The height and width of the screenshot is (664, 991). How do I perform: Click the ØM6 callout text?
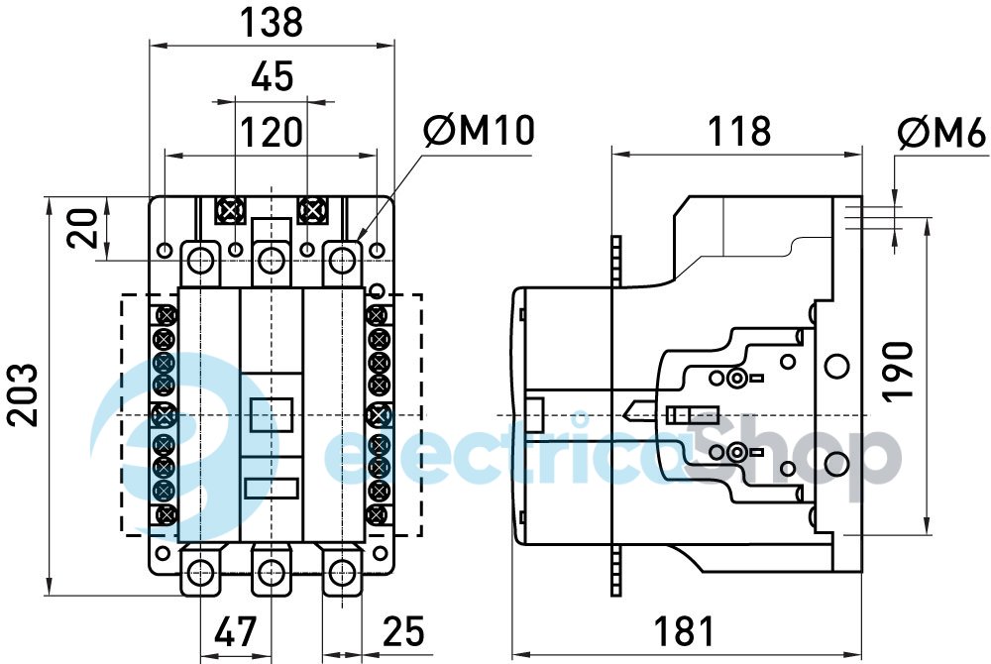[x=941, y=133]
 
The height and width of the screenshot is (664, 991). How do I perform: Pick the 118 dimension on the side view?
[x=737, y=131]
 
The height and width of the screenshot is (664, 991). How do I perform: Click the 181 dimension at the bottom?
[x=684, y=631]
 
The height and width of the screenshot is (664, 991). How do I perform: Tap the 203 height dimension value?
[x=24, y=394]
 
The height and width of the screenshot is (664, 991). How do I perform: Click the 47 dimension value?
[x=235, y=631]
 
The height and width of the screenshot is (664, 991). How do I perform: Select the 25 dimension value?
[x=401, y=631]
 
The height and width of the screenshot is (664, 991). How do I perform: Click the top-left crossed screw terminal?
[x=231, y=210]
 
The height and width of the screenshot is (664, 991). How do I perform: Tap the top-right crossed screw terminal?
[x=312, y=210]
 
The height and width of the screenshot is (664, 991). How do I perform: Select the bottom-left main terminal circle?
[x=200, y=571]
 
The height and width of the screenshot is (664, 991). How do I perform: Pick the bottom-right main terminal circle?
[x=342, y=571]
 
